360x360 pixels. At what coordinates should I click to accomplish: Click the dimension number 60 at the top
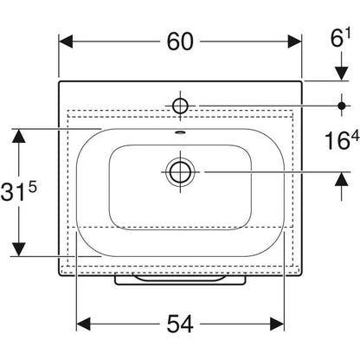[180, 42]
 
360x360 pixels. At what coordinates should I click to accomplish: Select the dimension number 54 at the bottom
[180, 324]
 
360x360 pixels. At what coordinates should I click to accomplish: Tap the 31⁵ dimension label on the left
[19, 192]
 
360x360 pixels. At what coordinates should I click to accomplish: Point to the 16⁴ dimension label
[342, 140]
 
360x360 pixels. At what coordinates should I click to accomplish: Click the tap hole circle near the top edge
[180, 106]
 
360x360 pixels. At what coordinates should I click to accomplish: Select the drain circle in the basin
[180, 172]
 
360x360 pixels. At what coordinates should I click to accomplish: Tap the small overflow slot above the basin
[180, 132]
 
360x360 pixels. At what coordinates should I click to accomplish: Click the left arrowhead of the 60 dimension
[66, 42]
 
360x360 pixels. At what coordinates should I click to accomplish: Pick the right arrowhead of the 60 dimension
[294, 42]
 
